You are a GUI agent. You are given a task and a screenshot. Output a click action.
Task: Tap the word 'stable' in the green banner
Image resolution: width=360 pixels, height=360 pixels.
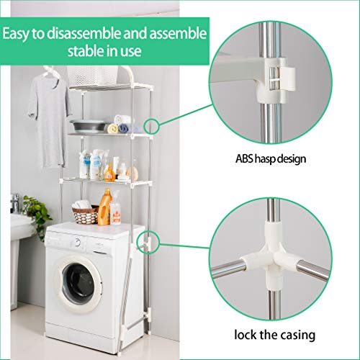click(x=83, y=53)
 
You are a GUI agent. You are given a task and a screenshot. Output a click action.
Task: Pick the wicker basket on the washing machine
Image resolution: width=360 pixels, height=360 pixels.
click(x=85, y=214)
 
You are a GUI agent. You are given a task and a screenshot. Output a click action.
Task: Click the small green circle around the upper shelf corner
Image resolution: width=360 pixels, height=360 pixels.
click(x=151, y=125)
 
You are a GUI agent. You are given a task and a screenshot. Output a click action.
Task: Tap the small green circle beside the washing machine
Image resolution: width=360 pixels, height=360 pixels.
click(x=150, y=240)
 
